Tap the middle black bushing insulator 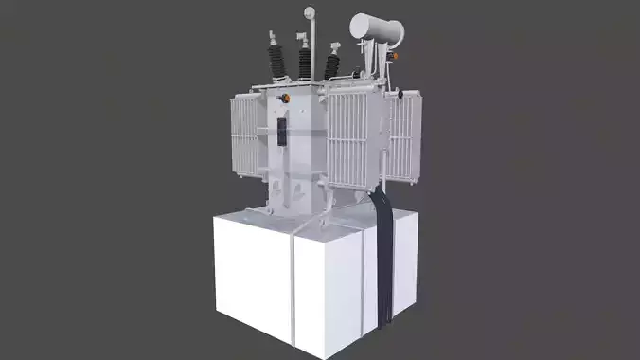tap(305, 63)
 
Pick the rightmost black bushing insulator tap(332, 66)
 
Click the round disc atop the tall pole tap(309, 11)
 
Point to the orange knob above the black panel tap(282, 99)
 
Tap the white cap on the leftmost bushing tap(272, 38)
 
